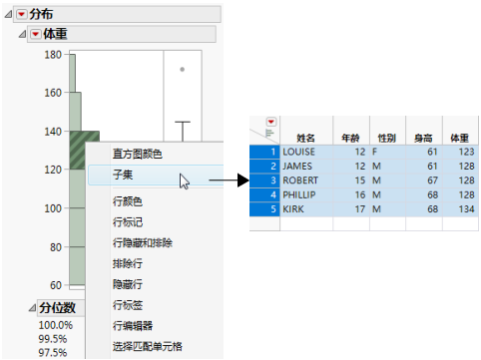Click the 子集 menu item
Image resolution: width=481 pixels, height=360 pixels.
point(123,174)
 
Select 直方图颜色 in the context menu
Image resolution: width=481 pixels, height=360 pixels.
point(136,154)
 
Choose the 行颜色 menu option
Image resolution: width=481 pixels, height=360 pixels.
point(127,201)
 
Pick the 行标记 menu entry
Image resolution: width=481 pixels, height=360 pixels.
point(127,221)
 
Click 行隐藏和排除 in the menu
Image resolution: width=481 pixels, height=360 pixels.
point(142,242)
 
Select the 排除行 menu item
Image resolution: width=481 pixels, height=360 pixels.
point(127,264)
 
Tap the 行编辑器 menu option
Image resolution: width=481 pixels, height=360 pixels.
point(132,326)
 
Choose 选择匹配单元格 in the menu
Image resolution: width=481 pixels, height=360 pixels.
point(147,347)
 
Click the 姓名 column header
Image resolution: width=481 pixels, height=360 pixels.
point(305,137)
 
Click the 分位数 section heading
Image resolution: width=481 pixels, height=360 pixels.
point(58,307)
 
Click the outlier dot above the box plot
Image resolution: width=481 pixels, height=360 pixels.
point(182,70)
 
